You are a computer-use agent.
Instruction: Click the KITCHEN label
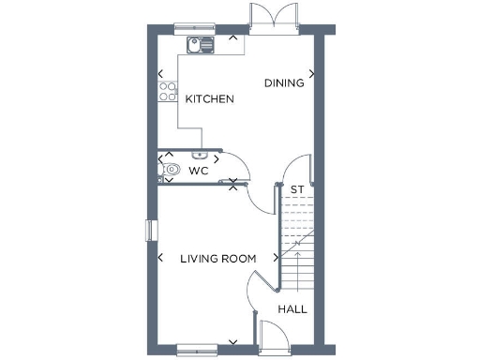point(209,99)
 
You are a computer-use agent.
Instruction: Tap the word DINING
point(284,82)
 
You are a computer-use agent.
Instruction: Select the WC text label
point(198,172)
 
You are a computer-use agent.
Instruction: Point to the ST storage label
point(296,190)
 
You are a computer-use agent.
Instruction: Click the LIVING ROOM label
point(218,259)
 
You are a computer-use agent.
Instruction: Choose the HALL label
point(292,308)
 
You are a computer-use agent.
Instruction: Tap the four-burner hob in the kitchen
point(168,91)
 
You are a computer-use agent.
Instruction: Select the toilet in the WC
point(171,171)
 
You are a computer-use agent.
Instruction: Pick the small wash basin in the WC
point(199,155)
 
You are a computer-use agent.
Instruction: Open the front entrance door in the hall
point(274,334)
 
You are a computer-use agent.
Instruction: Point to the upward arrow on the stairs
point(297,253)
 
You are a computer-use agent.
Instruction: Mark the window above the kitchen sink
point(194,28)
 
